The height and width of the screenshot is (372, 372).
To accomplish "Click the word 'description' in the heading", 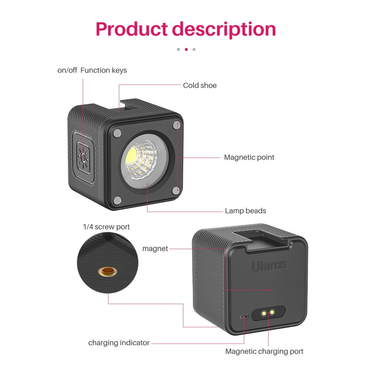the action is (224, 29).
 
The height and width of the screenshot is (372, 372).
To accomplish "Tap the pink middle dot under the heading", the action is (186, 50).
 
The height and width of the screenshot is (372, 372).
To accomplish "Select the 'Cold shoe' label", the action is (200, 85).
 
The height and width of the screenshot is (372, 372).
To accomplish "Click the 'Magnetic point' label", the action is (249, 157).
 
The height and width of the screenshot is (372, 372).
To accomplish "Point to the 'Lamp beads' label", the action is (245, 211).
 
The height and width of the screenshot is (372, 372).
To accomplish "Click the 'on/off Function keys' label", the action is (92, 70).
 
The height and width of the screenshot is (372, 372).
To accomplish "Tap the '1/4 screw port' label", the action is (106, 227).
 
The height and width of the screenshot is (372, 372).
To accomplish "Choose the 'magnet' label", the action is (155, 249).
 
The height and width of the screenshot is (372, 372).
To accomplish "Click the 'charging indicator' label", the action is (119, 343).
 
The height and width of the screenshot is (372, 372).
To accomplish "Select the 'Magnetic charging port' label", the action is (264, 352).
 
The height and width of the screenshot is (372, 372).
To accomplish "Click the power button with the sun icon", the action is (83, 158).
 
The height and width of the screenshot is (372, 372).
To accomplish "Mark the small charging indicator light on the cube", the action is (245, 317).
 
